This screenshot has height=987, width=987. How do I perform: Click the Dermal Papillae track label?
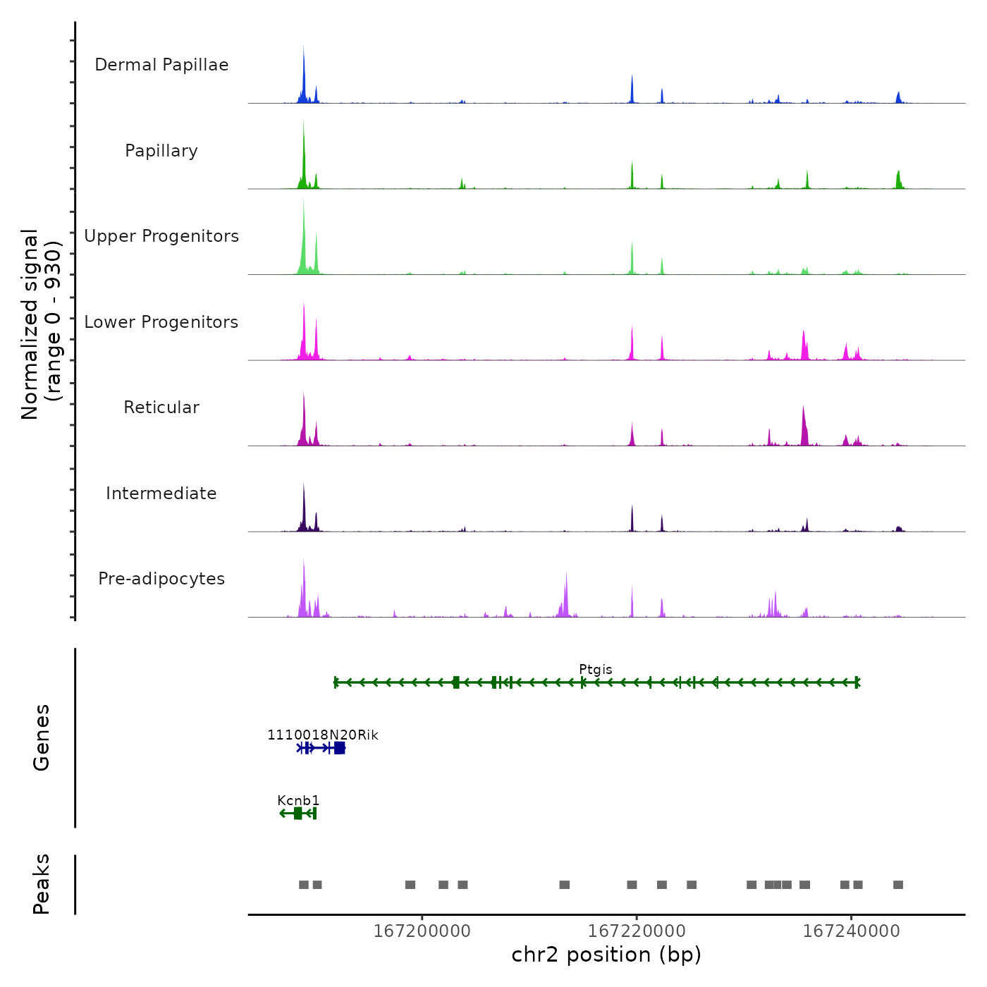click(x=161, y=65)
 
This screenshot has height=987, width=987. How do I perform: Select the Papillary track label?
click(x=161, y=151)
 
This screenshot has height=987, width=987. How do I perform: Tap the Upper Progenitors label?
click(x=161, y=236)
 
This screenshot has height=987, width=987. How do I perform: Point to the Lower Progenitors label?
click(x=161, y=322)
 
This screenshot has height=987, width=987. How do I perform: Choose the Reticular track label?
click(x=161, y=407)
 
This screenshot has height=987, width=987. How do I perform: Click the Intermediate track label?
click(x=161, y=493)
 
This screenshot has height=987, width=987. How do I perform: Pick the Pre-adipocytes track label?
click(x=161, y=579)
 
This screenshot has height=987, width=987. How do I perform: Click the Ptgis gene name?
click(x=596, y=669)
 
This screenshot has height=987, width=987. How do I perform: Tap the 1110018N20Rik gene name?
click(x=323, y=735)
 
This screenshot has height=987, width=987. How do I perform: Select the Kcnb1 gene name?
click(x=298, y=800)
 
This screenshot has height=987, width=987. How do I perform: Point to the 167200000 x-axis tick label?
click(x=422, y=931)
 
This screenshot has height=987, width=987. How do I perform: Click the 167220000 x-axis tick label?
click(x=637, y=931)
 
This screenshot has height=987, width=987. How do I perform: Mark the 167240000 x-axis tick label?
click(x=852, y=931)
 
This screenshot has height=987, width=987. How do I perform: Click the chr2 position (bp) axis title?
click(x=606, y=955)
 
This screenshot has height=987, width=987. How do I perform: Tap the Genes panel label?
click(x=42, y=737)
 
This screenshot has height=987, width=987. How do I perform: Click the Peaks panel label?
click(x=42, y=884)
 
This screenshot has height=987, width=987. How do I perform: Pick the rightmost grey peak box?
click(x=898, y=885)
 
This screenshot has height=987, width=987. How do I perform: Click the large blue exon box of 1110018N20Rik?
click(x=340, y=748)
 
